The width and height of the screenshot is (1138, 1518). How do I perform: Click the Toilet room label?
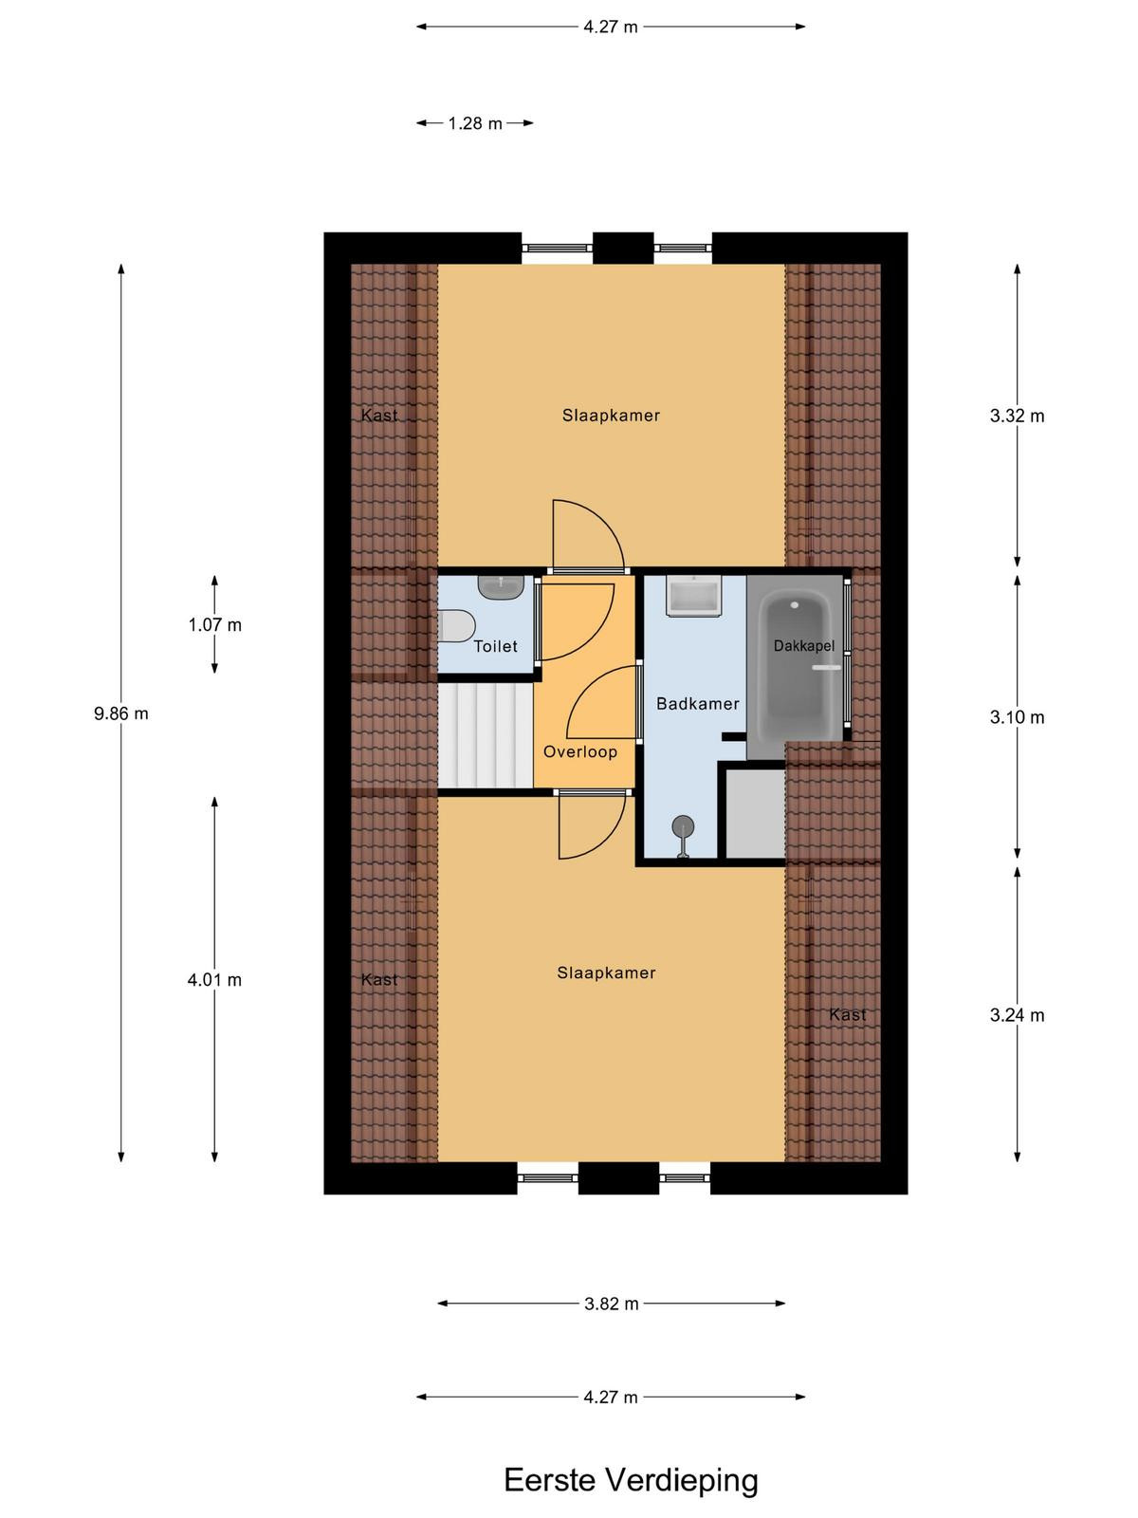pyautogui.click(x=495, y=646)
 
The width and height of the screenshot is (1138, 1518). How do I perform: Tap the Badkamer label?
pyautogui.click(x=697, y=703)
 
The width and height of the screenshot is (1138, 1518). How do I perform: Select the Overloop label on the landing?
pyautogui.click(x=579, y=751)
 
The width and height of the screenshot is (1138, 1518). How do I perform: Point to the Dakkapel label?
pyautogui.click(x=803, y=646)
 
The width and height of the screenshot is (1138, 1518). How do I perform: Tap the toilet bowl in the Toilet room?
pyautogui.click(x=456, y=626)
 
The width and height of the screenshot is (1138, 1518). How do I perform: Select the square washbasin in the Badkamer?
pyautogui.click(x=693, y=595)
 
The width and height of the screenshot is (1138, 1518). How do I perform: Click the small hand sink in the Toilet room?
pyautogui.click(x=501, y=587)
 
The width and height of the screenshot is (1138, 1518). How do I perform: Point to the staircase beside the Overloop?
pyautogui.click(x=485, y=734)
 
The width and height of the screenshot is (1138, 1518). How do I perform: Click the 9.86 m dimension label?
pyautogui.click(x=121, y=713)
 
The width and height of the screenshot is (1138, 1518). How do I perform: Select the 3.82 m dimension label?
pyautogui.click(x=611, y=1304)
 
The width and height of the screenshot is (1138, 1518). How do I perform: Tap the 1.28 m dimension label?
pyautogui.click(x=475, y=123)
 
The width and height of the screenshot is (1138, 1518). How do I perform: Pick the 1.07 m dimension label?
pyautogui.click(x=215, y=624)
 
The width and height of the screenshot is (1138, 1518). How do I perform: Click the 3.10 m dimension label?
pyautogui.click(x=1017, y=717)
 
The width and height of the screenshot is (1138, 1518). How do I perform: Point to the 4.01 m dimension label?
pyautogui.click(x=214, y=979)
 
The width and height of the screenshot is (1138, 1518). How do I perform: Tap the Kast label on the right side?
pyautogui.click(x=847, y=1014)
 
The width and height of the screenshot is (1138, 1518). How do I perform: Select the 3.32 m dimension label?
pyautogui.click(x=1017, y=416)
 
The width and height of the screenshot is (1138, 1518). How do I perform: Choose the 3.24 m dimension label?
pyautogui.click(x=1017, y=1015)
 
